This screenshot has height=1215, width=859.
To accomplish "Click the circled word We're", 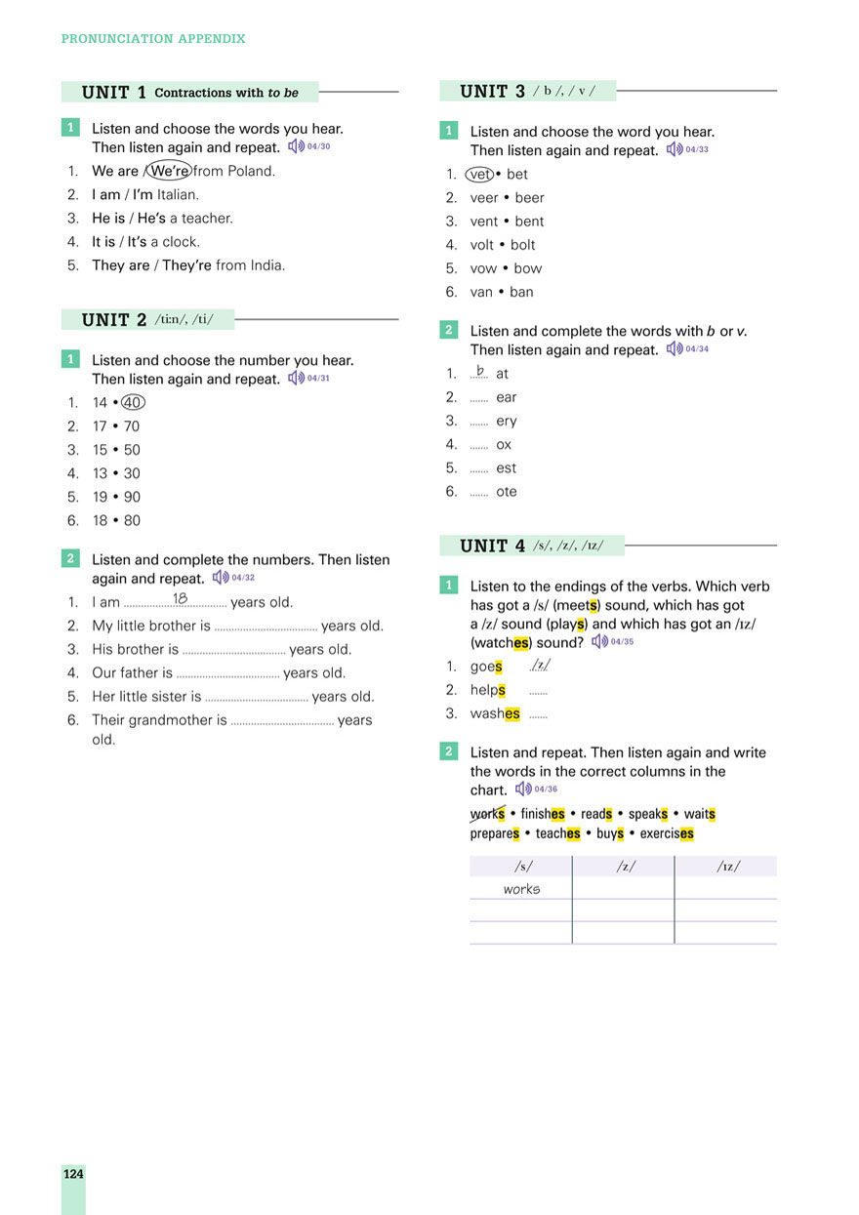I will (x=170, y=171).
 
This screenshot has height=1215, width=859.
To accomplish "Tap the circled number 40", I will (x=133, y=402).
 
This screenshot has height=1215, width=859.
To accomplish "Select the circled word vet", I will (x=480, y=174).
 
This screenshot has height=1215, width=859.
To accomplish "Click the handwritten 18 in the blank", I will (x=181, y=598).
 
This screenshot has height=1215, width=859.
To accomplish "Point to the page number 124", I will (x=73, y=1174).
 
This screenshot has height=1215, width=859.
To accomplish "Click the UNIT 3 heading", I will (x=492, y=92).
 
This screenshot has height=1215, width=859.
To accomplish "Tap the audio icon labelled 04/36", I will (x=524, y=789).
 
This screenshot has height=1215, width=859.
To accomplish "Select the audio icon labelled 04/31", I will (x=297, y=378).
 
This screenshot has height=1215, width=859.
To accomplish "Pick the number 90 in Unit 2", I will (x=132, y=497).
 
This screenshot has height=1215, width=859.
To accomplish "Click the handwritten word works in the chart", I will (x=521, y=889).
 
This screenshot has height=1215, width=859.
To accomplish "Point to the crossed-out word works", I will (x=487, y=814).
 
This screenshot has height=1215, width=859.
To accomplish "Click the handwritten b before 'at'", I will (x=479, y=371).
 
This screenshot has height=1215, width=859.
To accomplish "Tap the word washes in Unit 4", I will (x=495, y=713).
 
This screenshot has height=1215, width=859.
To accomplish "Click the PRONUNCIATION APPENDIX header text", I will (x=153, y=39).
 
